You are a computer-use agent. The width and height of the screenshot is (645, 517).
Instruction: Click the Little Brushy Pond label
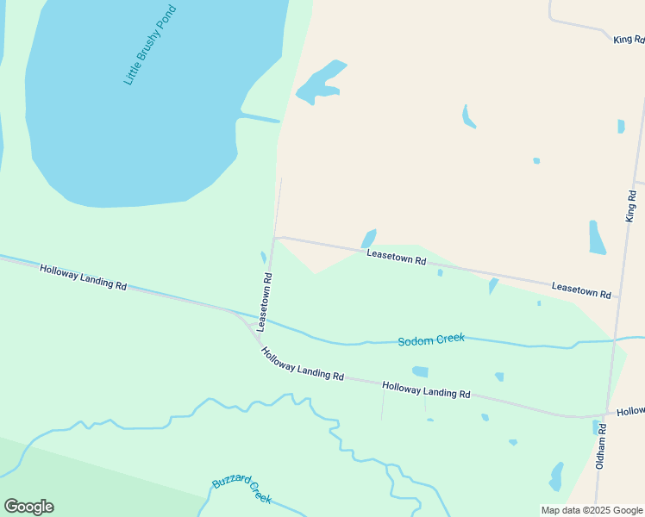click(150, 45)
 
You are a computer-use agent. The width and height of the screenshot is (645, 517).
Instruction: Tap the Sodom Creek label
click(431, 339)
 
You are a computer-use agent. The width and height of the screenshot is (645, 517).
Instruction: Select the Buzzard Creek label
click(242, 491)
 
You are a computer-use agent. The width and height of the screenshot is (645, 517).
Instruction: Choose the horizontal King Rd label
click(628, 40)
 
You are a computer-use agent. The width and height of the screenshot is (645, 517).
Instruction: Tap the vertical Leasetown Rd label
click(268, 302)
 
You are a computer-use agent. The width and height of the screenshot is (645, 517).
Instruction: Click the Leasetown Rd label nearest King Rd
click(581, 290)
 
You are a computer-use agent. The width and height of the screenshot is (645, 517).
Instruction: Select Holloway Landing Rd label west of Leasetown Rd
click(84, 277)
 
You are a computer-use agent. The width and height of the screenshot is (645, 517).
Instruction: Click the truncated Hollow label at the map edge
click(630, 412)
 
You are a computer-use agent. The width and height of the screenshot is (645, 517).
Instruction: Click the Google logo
click(28, 507)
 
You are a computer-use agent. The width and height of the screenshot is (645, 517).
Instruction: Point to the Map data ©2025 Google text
click(592, 510)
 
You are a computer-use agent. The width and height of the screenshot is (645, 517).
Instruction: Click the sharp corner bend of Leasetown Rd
click(275, 238)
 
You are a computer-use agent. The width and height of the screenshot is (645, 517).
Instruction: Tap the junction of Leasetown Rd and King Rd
click(617, 296)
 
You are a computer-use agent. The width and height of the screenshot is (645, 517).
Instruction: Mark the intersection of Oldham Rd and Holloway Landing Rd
click(607, 414)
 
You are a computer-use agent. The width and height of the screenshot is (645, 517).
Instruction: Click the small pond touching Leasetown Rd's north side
click(369, 238)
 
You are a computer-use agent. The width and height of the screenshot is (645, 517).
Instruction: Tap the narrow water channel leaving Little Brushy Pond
click(259, 117)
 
